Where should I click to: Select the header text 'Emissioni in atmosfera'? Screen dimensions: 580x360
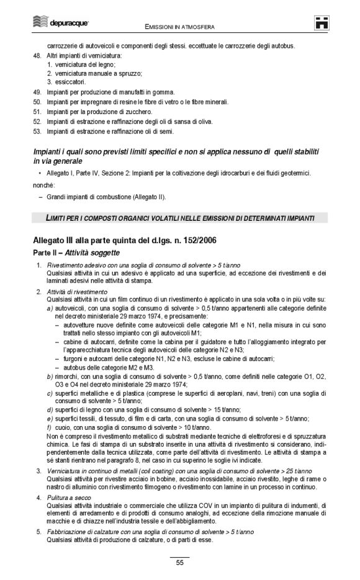179,27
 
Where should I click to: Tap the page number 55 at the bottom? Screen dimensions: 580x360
179,562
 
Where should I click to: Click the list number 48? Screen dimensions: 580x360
36,56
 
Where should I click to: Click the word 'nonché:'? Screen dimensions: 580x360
44,185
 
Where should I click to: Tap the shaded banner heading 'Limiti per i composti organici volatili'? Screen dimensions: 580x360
179,218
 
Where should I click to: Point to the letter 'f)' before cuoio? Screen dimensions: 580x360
50,428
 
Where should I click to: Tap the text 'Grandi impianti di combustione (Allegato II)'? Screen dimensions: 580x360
106,197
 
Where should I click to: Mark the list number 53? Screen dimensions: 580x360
36,131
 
